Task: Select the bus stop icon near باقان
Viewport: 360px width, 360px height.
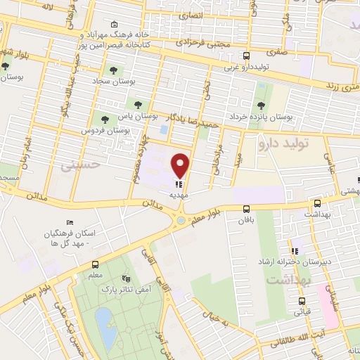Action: (246, 209)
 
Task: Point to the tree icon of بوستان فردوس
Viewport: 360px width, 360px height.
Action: (105, 120)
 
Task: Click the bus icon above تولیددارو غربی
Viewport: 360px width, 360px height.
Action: (245, 56)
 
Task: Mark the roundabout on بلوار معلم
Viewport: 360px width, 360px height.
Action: (181, 220)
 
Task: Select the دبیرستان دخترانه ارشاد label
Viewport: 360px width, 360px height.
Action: (316, 260)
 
